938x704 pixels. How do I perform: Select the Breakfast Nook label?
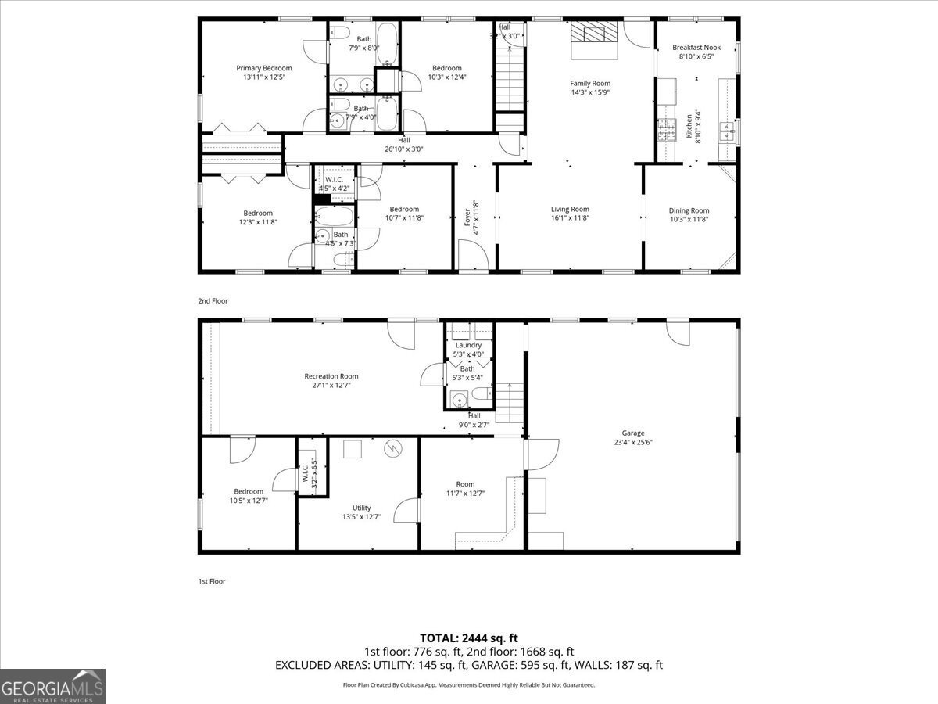pyautogui.click(x=696, y=48)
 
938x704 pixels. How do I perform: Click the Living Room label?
pyautogui.click(x=570, y=209)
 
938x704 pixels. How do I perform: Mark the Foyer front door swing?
pyautogui.click(x=472, y=255)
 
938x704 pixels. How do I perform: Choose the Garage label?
pyautogui.click(x=632, y=433)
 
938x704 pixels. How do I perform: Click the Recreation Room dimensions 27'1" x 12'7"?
pyautogui.click(x=331, y=385)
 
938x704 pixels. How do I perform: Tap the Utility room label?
pyautogui.click(x=361, y=508)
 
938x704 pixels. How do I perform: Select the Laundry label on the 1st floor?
pyautogui.click(x=468, y=345)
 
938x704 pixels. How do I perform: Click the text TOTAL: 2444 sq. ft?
pyautogui.click(x=469, y=638)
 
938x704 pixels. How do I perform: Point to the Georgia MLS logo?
pyautogui.click(x=52, y=686)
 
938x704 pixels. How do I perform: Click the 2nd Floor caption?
pyautogui.click(x=213, y=300)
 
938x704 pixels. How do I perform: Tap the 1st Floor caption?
pyautogui.click(x=212, y=581)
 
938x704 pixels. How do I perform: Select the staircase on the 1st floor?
pyautogui.click(x=509, y=402)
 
